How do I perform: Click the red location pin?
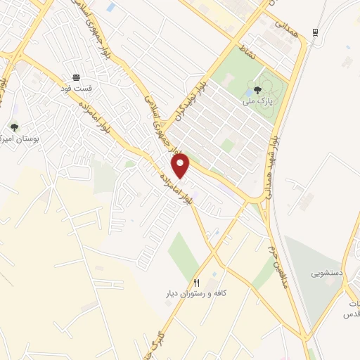[181, 166]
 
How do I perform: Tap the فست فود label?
[76, 89]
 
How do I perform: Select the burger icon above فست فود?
[76, 77]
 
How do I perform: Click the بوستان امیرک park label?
[22, 139]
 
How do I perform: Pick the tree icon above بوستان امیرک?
[14, 127]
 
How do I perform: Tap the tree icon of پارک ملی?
[258, 90]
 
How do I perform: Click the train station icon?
[315, 31]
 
